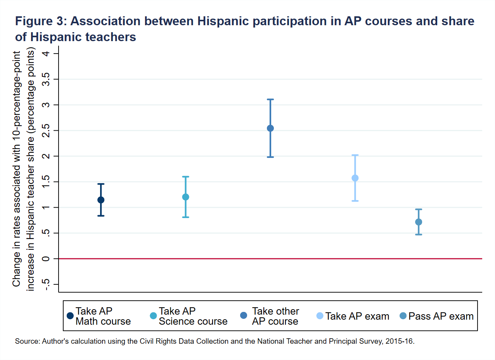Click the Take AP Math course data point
pyautogui.click(x=101, y=200)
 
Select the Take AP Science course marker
pyautogui.click(x=185, y=197)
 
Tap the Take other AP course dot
pyautogui.click(x=270, y=128)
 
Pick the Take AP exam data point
pyautogui.click(x=355, y=178)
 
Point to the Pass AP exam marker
pyautogui.click(x=419, y=222)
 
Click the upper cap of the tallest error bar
pyautogui.click(x=270, y=99)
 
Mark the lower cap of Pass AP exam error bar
pyautogui.click(x=419, y=234)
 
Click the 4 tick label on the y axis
pyautogui.click(x=47, y=54)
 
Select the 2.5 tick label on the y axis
pyautogui.click(x=47, y=130)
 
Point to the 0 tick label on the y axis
pyautogui.click(x=47, y=259)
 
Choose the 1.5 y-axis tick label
pyautogui.click(x=47, y=182)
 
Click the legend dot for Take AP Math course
pyautogui.click(x=70, y=316)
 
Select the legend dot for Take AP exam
pyautogui.click(x=320, y=316)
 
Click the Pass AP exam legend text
pyautogui.click(x=441, y=316)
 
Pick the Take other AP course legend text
pyautogui.click(x=275, y=316)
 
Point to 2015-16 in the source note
pyautogui.click(x=403, y=342)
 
